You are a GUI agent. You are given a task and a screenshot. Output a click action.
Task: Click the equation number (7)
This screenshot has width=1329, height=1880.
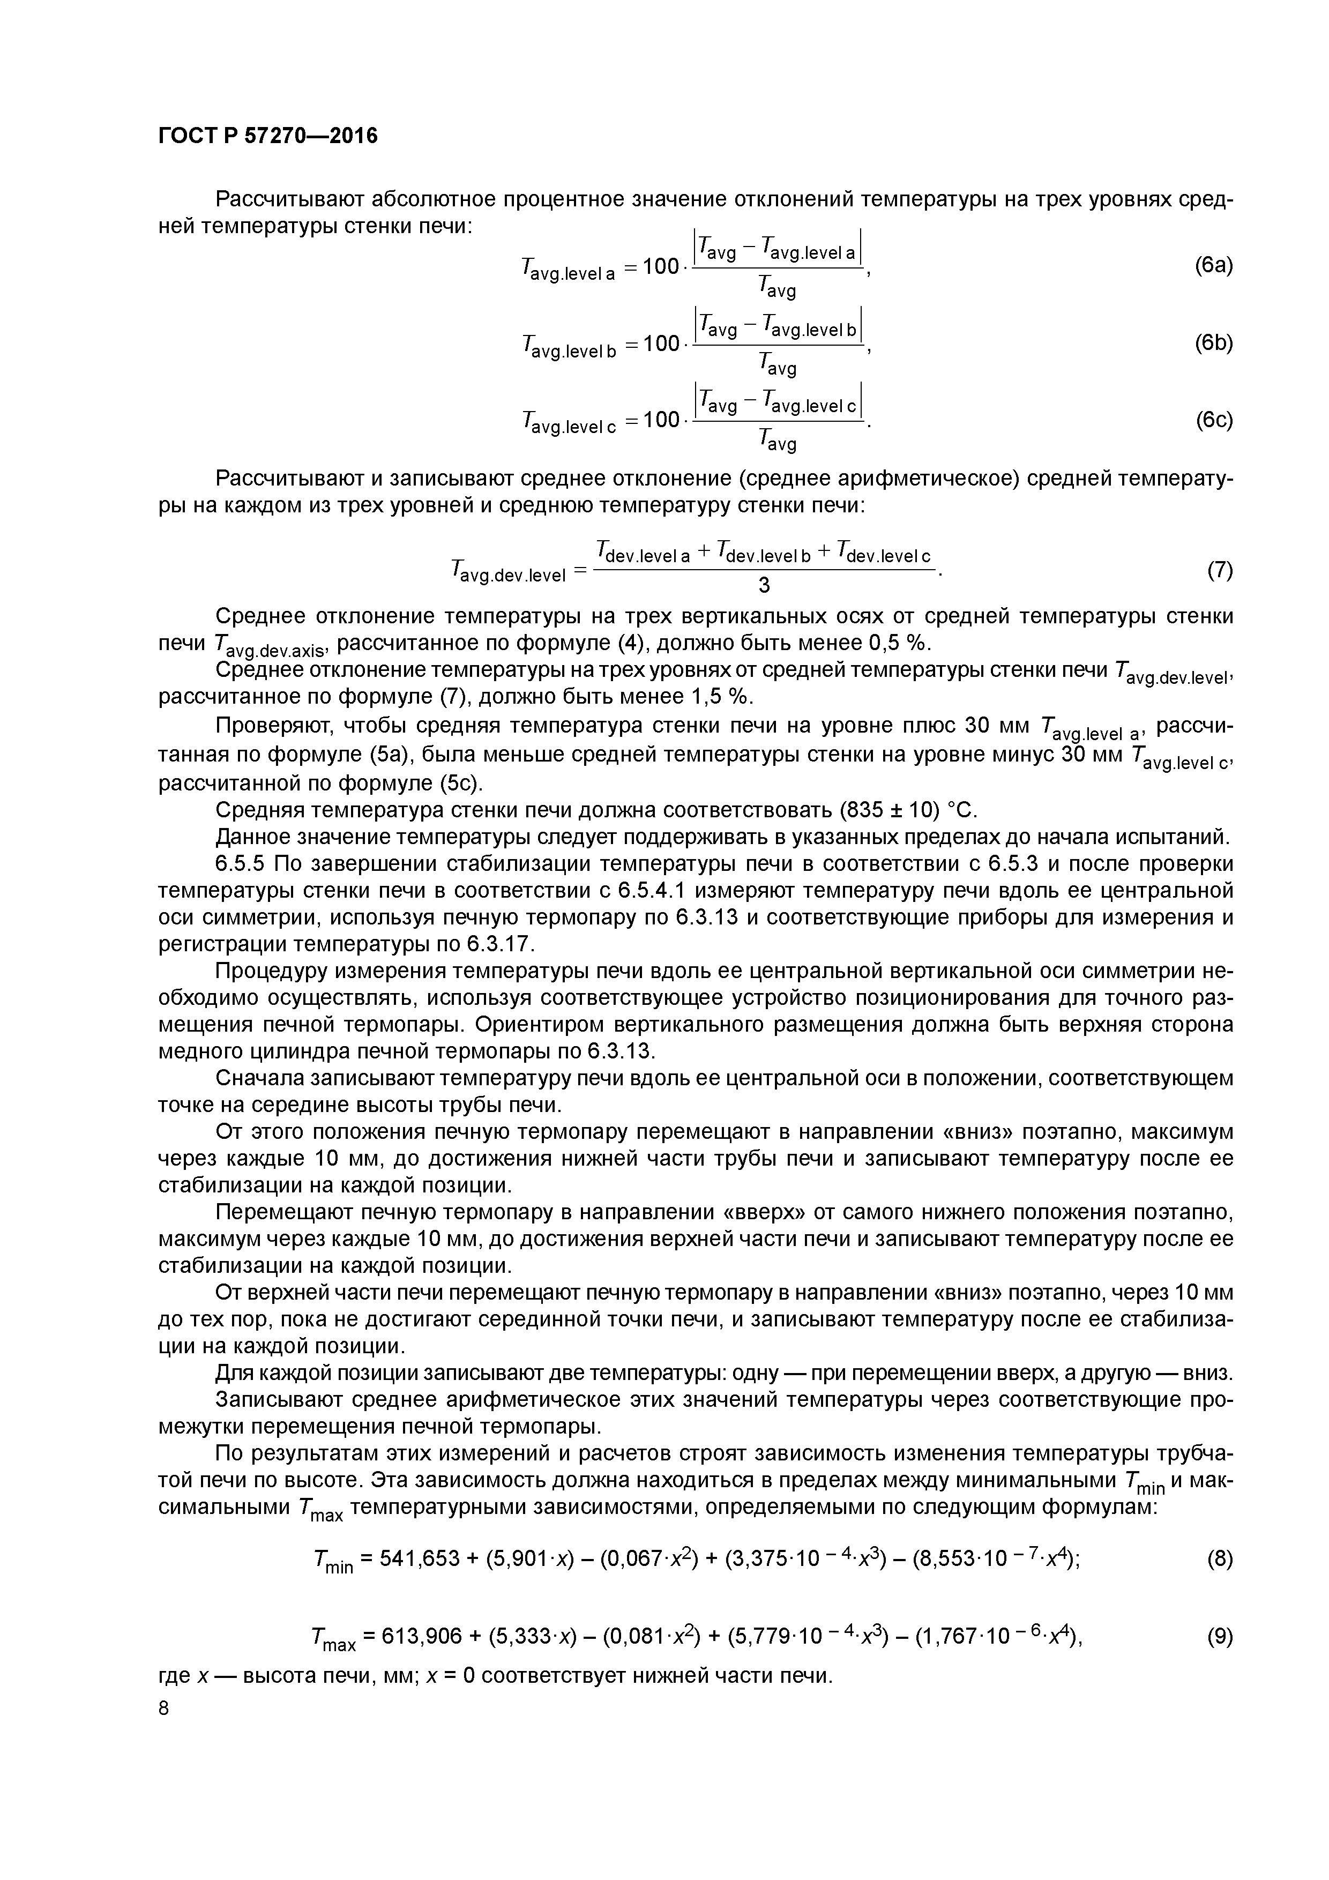click(x=1219, y=571)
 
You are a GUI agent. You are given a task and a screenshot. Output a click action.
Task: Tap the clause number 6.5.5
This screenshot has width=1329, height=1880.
click(x=242, y=864)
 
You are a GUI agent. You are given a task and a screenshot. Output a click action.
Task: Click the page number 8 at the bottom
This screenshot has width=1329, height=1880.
click(x=164, y=1708)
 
